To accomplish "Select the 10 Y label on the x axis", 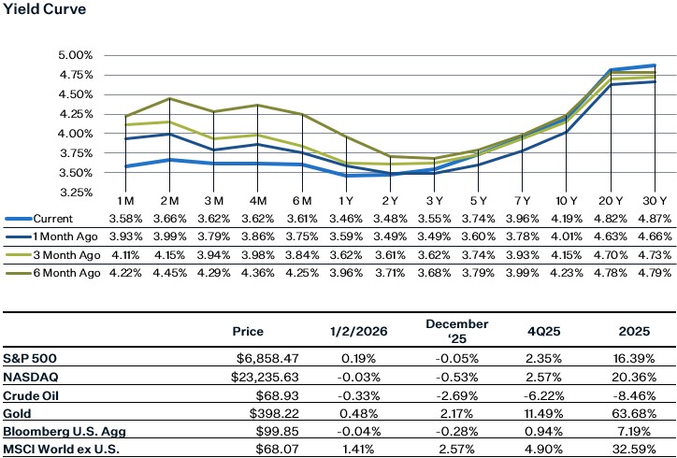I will pos(565,202).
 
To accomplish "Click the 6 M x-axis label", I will pos(302,202).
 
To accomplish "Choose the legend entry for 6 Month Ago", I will pos(65,273).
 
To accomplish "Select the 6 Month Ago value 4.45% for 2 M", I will pos(170,273).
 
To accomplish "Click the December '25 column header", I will pos(444,331).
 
